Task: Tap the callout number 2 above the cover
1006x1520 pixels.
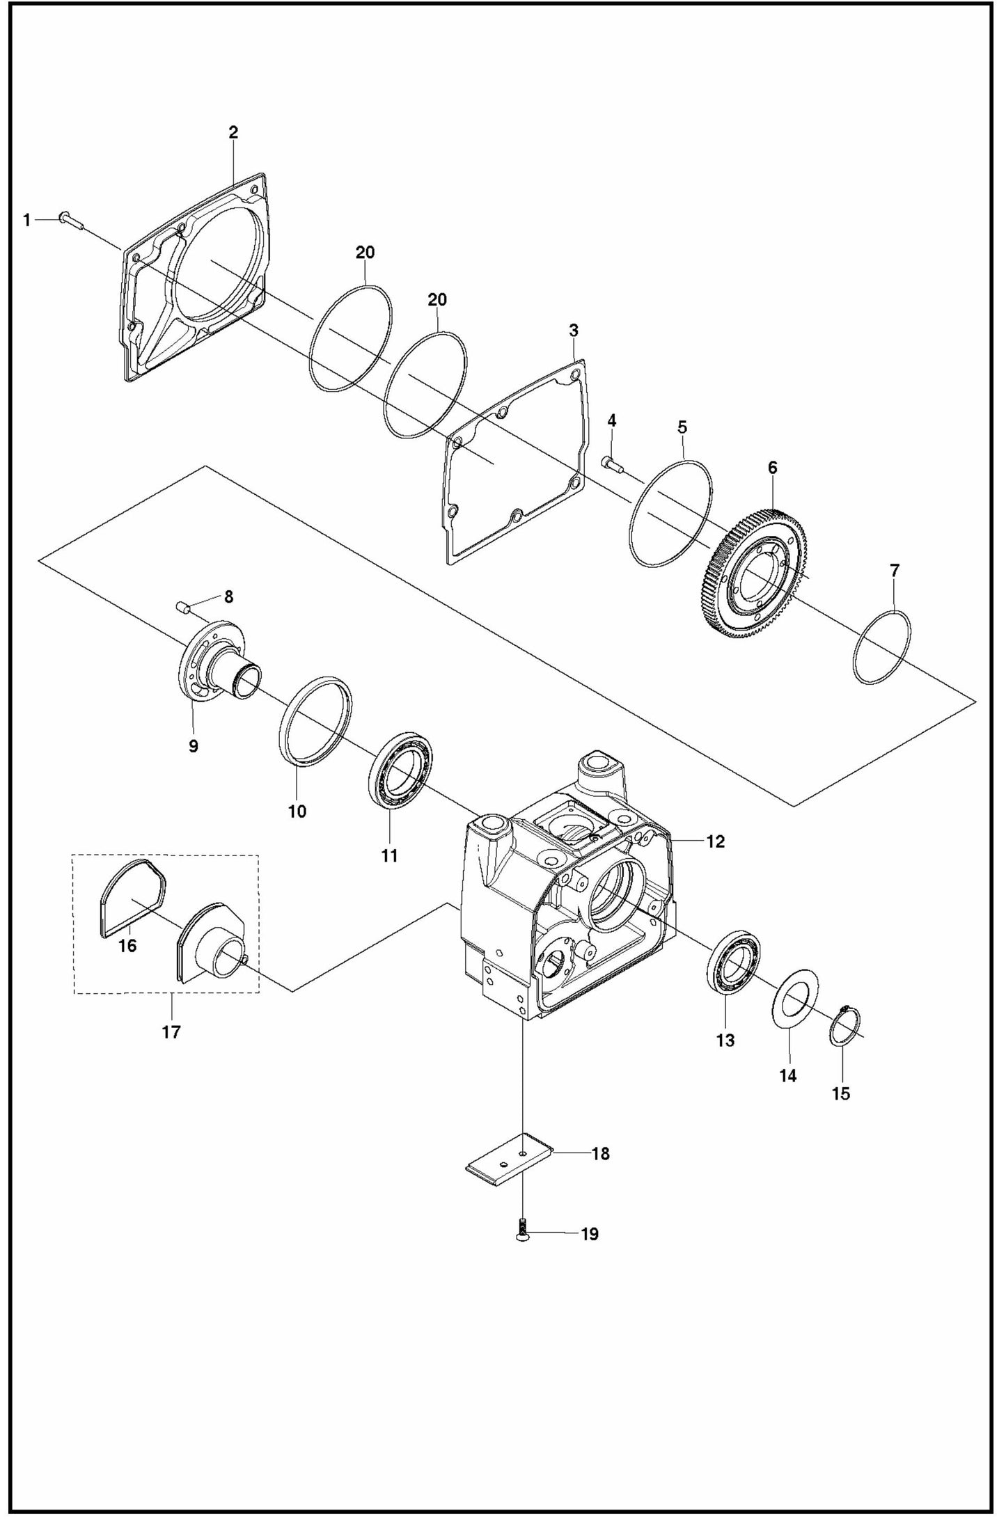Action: (233, 132)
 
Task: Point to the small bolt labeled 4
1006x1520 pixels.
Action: (611, 463)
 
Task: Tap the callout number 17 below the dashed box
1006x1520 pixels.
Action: (171, 1032)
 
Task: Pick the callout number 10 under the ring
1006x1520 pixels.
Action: (297, 812)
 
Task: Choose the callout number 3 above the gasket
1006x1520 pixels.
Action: (574, 331)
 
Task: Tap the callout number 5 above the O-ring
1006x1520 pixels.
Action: (682, 427)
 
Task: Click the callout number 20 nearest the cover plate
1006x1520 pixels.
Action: (365, 253)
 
